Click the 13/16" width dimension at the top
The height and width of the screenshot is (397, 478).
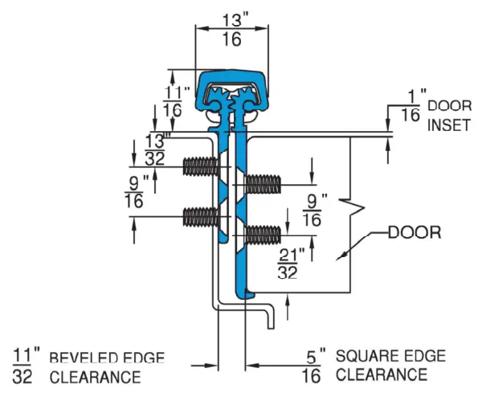point(231,27)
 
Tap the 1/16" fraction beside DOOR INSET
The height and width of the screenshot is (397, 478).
point(411,107)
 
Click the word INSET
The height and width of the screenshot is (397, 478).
point(444,125)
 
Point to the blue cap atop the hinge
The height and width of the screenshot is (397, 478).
point(231,90)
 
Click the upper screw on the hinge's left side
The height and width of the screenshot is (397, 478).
point(201,167)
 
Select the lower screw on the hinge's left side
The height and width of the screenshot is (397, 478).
point(201,216)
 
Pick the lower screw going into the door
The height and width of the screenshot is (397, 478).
point(262,235)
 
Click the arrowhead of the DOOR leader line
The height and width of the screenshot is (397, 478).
point(343,256)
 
